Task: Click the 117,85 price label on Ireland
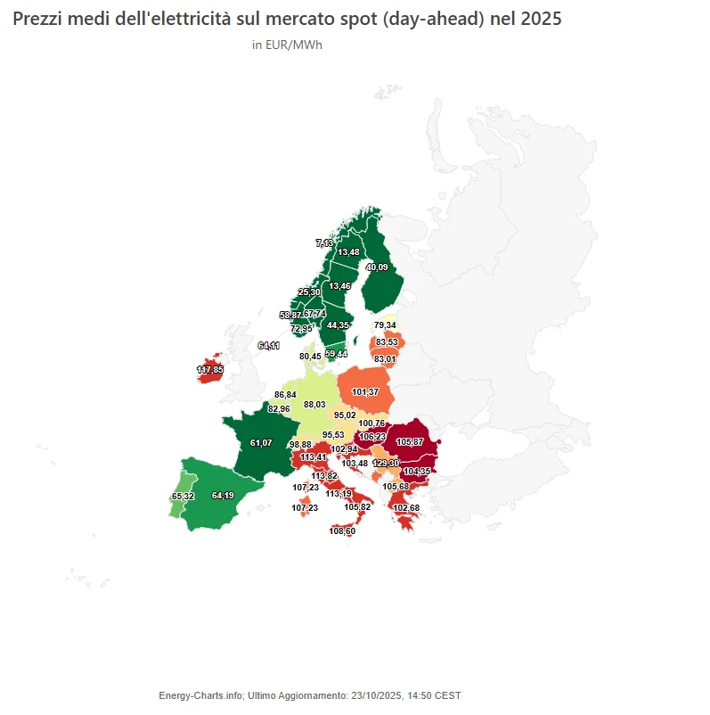(210, 369)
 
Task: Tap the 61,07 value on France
(261, 442)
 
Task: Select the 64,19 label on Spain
(223, 495)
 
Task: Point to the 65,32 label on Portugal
(183, 496)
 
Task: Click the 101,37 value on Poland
(365, 392)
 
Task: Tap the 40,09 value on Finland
(377, 267)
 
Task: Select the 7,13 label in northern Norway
(325, 242)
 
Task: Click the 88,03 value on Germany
(315, 404)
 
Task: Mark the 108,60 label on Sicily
(342, 531)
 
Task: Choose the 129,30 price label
(386, 464)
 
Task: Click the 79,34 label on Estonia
(385, 325)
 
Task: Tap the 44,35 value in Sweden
(338, 325)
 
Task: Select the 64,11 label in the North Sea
(269, 345)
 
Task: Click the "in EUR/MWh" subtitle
(287, 45)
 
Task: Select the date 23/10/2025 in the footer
(376, 695)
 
